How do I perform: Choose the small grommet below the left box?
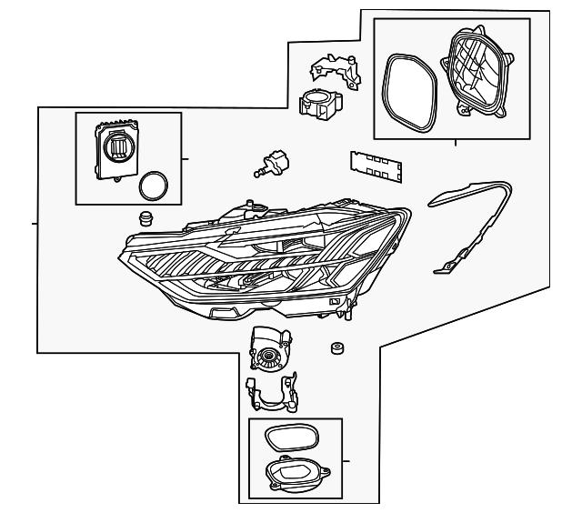pos(143,219)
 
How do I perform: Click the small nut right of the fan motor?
pos(336,349)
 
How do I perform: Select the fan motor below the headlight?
pos(270,351)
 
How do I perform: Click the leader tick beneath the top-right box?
pos(456,144)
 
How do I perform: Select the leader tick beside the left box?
pos(186,158)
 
